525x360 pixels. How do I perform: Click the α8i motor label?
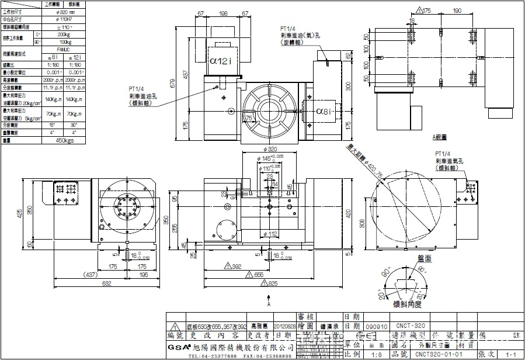(325, 111)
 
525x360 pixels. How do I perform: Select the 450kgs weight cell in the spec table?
(64, 141)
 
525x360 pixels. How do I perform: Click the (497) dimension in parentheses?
(91, 274)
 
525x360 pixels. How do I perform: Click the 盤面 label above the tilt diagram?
(424, 258)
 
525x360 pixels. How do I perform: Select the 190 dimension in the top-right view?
(457, 11)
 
